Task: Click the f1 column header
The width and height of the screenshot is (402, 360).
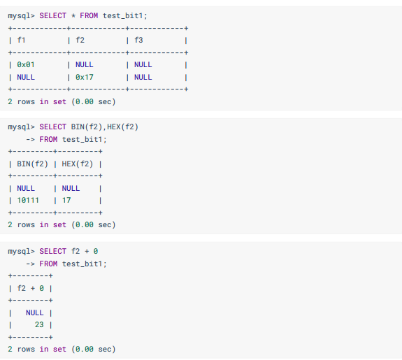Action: [21, 41]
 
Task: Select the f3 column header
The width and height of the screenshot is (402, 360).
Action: [138, 41]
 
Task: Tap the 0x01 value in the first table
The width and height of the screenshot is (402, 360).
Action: [26, 64]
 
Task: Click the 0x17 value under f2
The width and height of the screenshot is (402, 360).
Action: [85, 77]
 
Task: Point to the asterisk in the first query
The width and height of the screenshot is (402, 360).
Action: [73, 15]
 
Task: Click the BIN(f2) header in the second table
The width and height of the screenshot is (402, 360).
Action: [32, 164]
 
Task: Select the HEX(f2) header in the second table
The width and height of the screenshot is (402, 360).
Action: [77, 164]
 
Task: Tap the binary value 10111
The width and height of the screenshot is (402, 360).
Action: [28, 200]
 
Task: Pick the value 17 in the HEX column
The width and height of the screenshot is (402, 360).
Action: [66, 200]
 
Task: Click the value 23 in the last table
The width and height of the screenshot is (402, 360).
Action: [39, 324]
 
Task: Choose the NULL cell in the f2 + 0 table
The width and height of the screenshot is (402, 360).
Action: [35, 313]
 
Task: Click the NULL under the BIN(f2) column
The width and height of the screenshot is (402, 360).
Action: [26, 189]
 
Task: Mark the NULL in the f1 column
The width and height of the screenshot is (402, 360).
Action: [26, 77]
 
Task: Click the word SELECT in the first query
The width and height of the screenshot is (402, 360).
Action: [53, 15]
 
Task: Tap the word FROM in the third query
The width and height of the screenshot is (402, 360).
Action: [48, 264]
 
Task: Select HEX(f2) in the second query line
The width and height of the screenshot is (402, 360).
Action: [122, 127]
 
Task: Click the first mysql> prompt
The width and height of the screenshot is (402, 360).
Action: [21, 16]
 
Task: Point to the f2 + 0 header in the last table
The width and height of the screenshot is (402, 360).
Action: [30, 288]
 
